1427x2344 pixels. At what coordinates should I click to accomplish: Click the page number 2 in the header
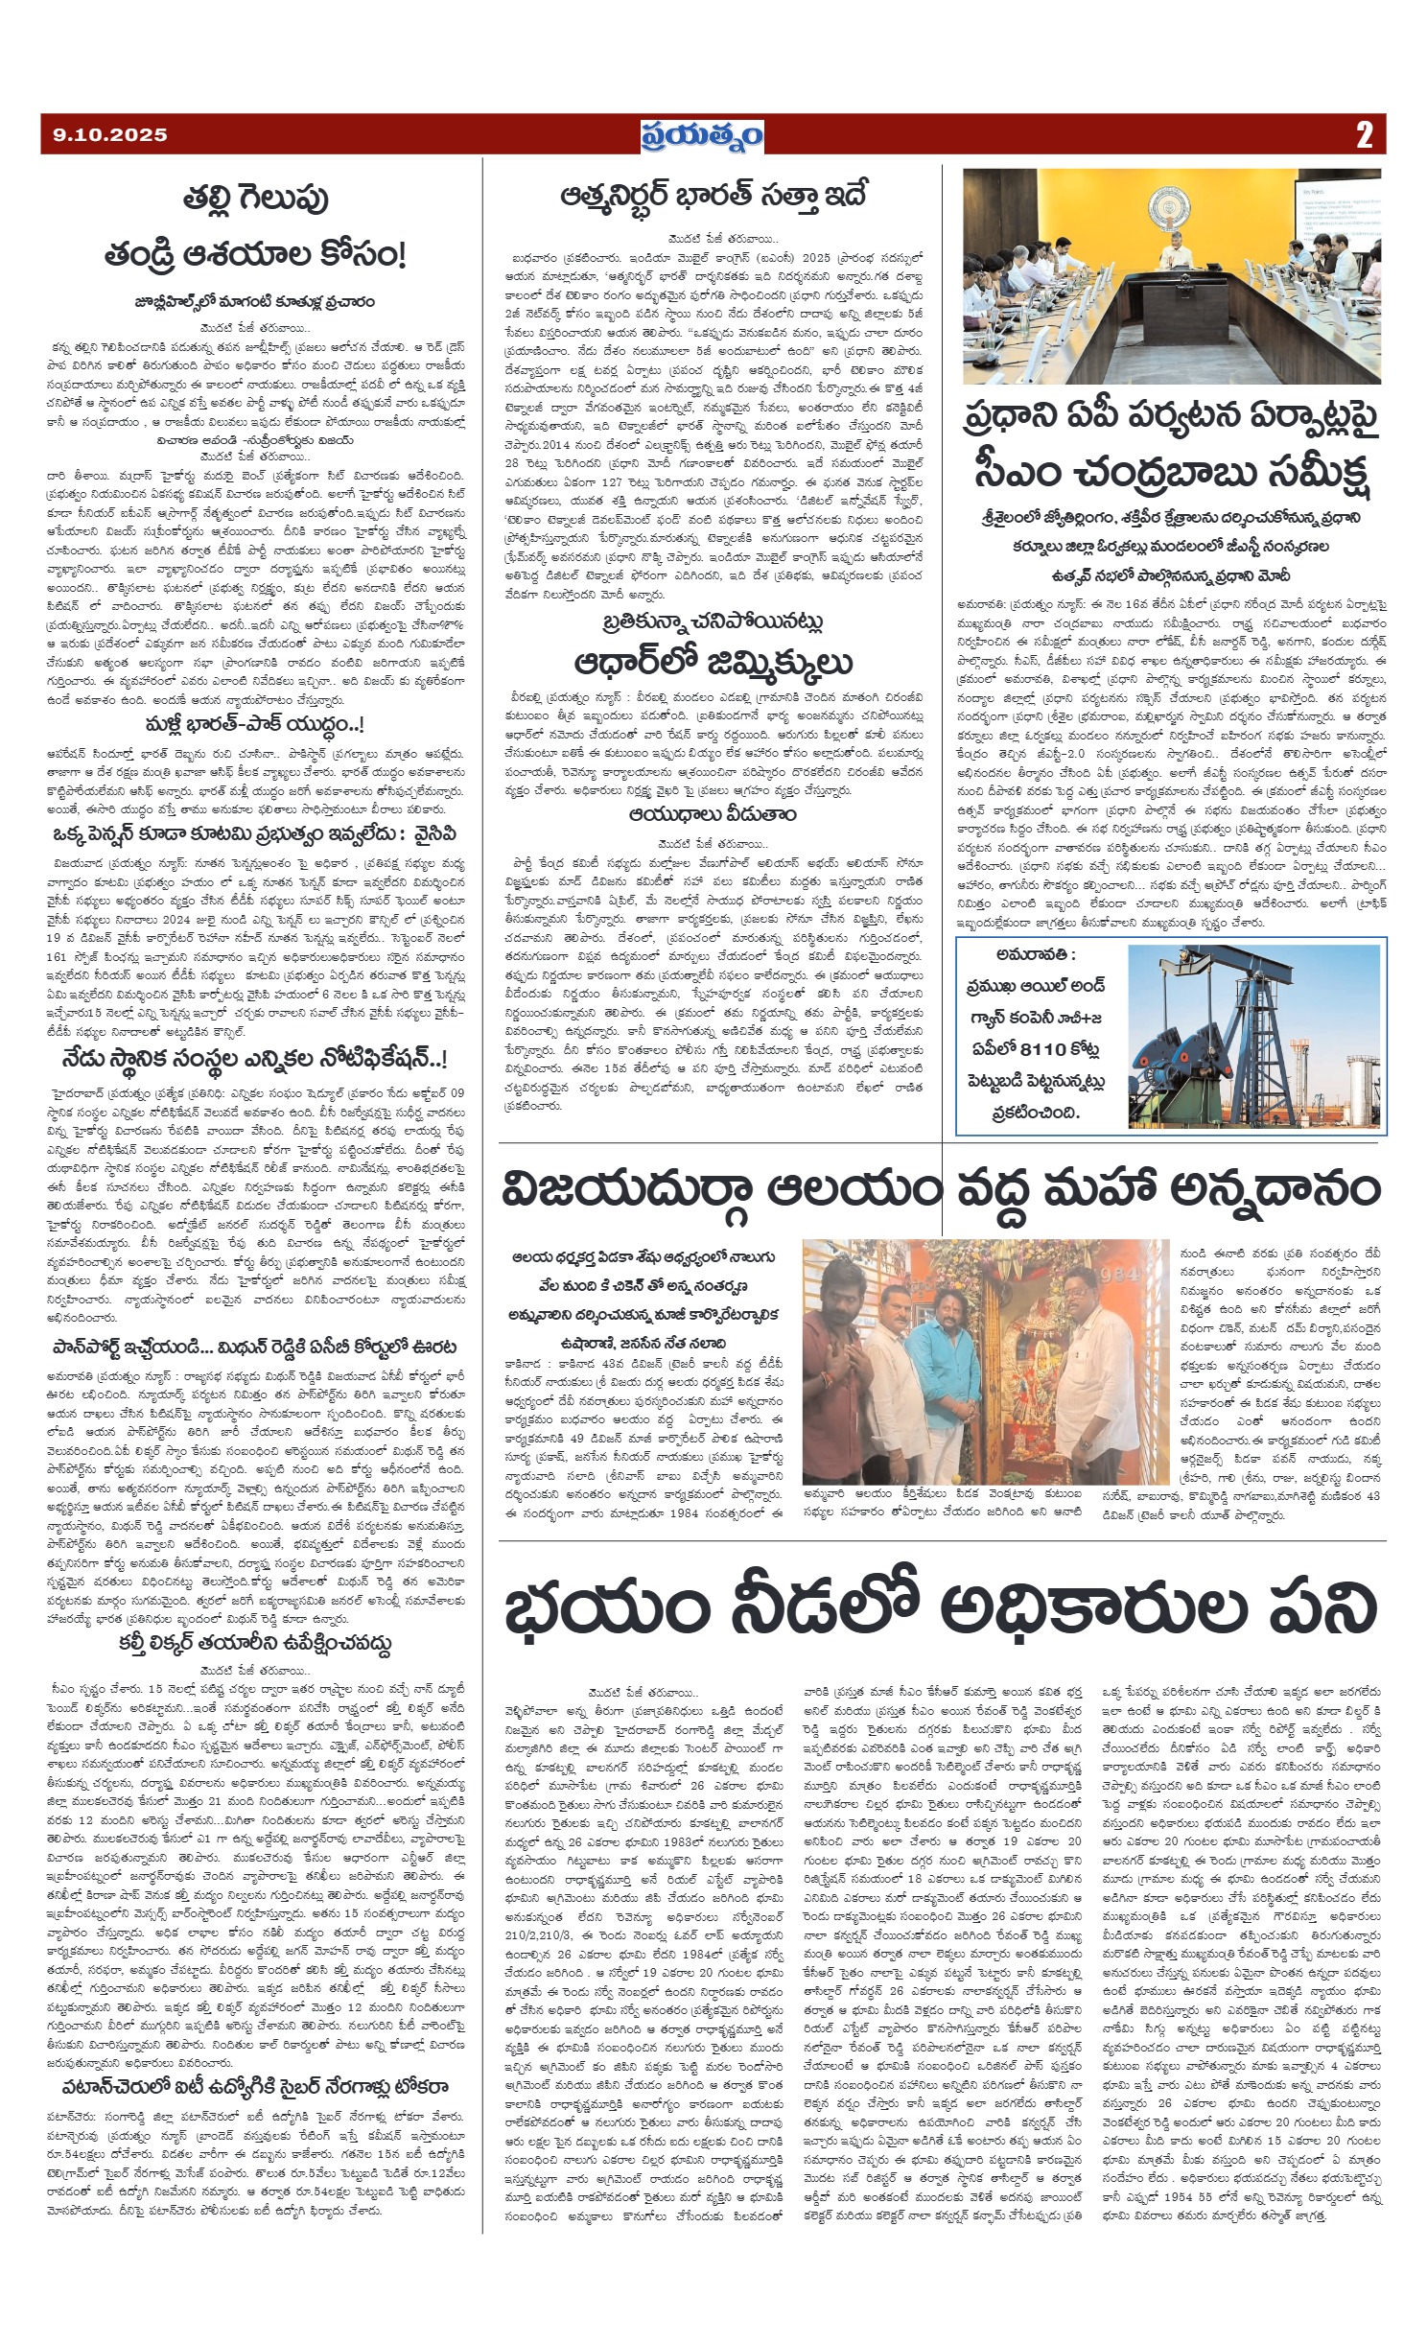click(1364, 135)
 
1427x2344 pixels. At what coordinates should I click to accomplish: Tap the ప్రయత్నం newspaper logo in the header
click(702, 135)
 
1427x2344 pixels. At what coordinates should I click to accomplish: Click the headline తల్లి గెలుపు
click(255, 199)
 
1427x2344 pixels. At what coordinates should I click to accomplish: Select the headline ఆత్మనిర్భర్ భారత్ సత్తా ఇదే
click(713, 196)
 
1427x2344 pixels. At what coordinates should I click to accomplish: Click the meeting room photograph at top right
click(1172, 276)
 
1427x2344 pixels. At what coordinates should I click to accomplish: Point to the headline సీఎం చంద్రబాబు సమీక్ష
click(1172, 472)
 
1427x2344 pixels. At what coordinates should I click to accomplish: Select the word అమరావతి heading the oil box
click(1036, 954)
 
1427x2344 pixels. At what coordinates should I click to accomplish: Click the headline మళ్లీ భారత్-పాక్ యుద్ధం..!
click(254, 724)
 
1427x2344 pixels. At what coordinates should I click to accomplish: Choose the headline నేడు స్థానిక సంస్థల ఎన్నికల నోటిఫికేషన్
click(254, 1059)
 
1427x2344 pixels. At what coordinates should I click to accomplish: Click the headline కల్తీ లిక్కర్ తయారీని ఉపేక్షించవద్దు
click(254, 1643)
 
